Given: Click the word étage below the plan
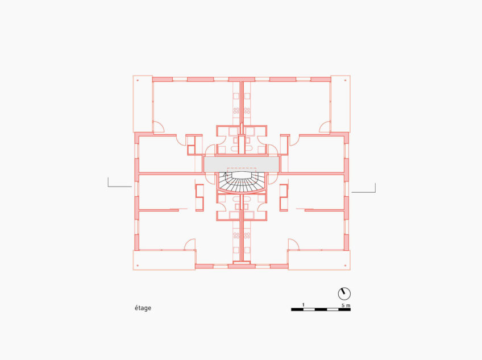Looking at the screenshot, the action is tap(143, 308).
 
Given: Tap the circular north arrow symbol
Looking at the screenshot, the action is tap(344, 294).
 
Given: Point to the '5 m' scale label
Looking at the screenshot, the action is tap(346, 305).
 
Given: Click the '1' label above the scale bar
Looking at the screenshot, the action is tap(304, 305).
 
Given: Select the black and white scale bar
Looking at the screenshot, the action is tap(321, 309).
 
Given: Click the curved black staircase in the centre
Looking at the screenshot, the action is tap(242, 182).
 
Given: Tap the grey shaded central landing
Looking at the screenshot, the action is tap(242, 164).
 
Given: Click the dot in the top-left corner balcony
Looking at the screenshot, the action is tap(138, 80).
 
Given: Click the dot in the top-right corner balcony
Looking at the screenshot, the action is tap(346, 80).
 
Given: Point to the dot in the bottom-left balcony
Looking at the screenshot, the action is tap(138, 265).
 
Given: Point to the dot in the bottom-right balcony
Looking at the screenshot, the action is tap(346, 265).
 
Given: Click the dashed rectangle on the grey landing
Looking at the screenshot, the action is tap(242, 170).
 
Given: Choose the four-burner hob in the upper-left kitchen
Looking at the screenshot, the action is tap(236, 110).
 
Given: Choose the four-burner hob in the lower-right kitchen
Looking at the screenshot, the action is tap(247, 235).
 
